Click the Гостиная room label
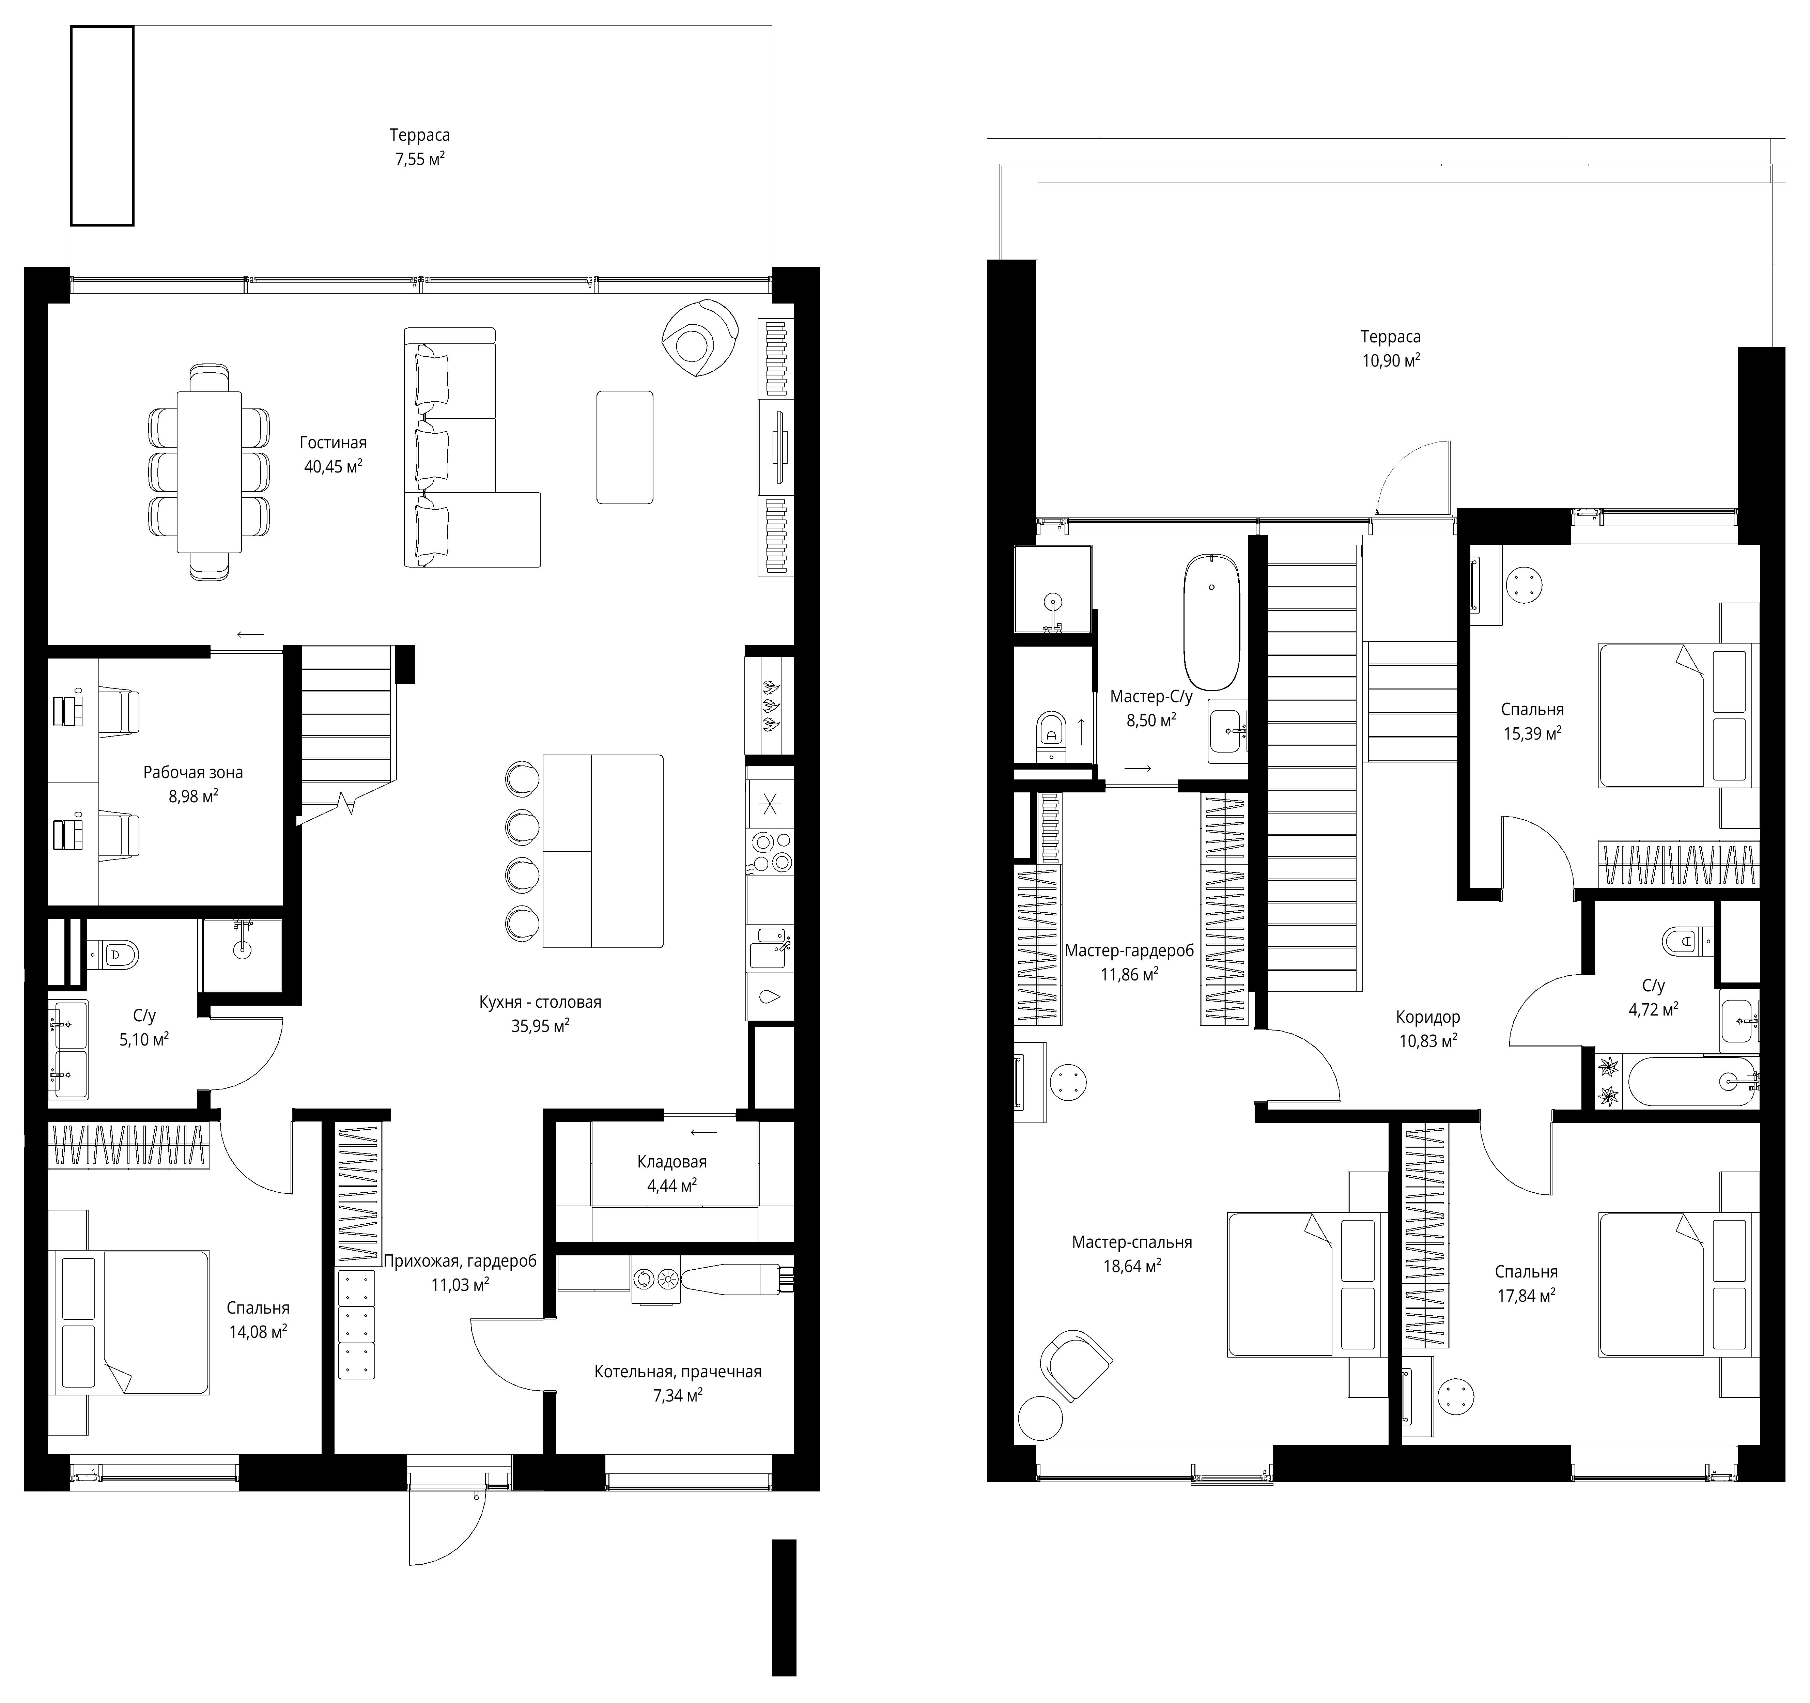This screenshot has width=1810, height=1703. (x=333, y=443)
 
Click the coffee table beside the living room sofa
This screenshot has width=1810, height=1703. (x=624, y=447)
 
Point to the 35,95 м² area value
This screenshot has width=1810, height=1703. (x=541, y=1026)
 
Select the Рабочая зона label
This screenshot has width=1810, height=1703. (x=193, y=773)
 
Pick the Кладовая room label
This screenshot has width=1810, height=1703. (x=672, y=1162)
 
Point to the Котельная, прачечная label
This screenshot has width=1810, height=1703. (x=677, y=1372)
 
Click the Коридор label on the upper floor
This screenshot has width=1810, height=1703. (x=1428, y=1018)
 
